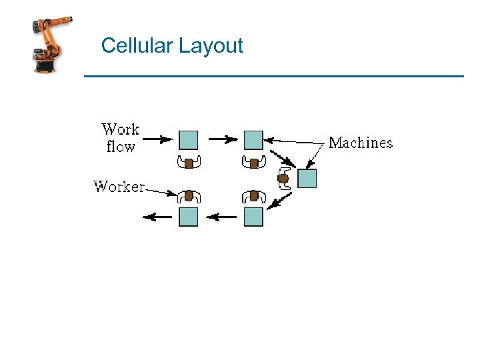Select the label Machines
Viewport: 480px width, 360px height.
point(361,143)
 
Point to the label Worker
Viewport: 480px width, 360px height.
point(119,187)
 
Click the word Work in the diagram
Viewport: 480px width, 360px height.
point(121,129)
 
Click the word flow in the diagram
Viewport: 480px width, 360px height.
point(121,146)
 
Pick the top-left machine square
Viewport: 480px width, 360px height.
point(189,140)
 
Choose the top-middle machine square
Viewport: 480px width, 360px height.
point(253,140)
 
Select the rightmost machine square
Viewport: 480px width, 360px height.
point(307,179)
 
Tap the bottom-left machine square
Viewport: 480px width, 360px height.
point(189,217)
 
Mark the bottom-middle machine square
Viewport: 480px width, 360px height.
point(253,217)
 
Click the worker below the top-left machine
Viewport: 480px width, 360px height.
point(189,162)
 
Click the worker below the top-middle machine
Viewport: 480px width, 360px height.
point(253,162)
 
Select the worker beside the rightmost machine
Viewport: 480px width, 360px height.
point(283,179)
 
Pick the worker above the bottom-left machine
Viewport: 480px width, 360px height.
point(189,196)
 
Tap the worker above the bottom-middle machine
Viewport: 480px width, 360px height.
point(253,196)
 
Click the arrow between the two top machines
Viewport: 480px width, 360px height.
point(223,139)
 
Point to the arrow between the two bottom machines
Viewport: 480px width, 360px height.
point(221,217)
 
